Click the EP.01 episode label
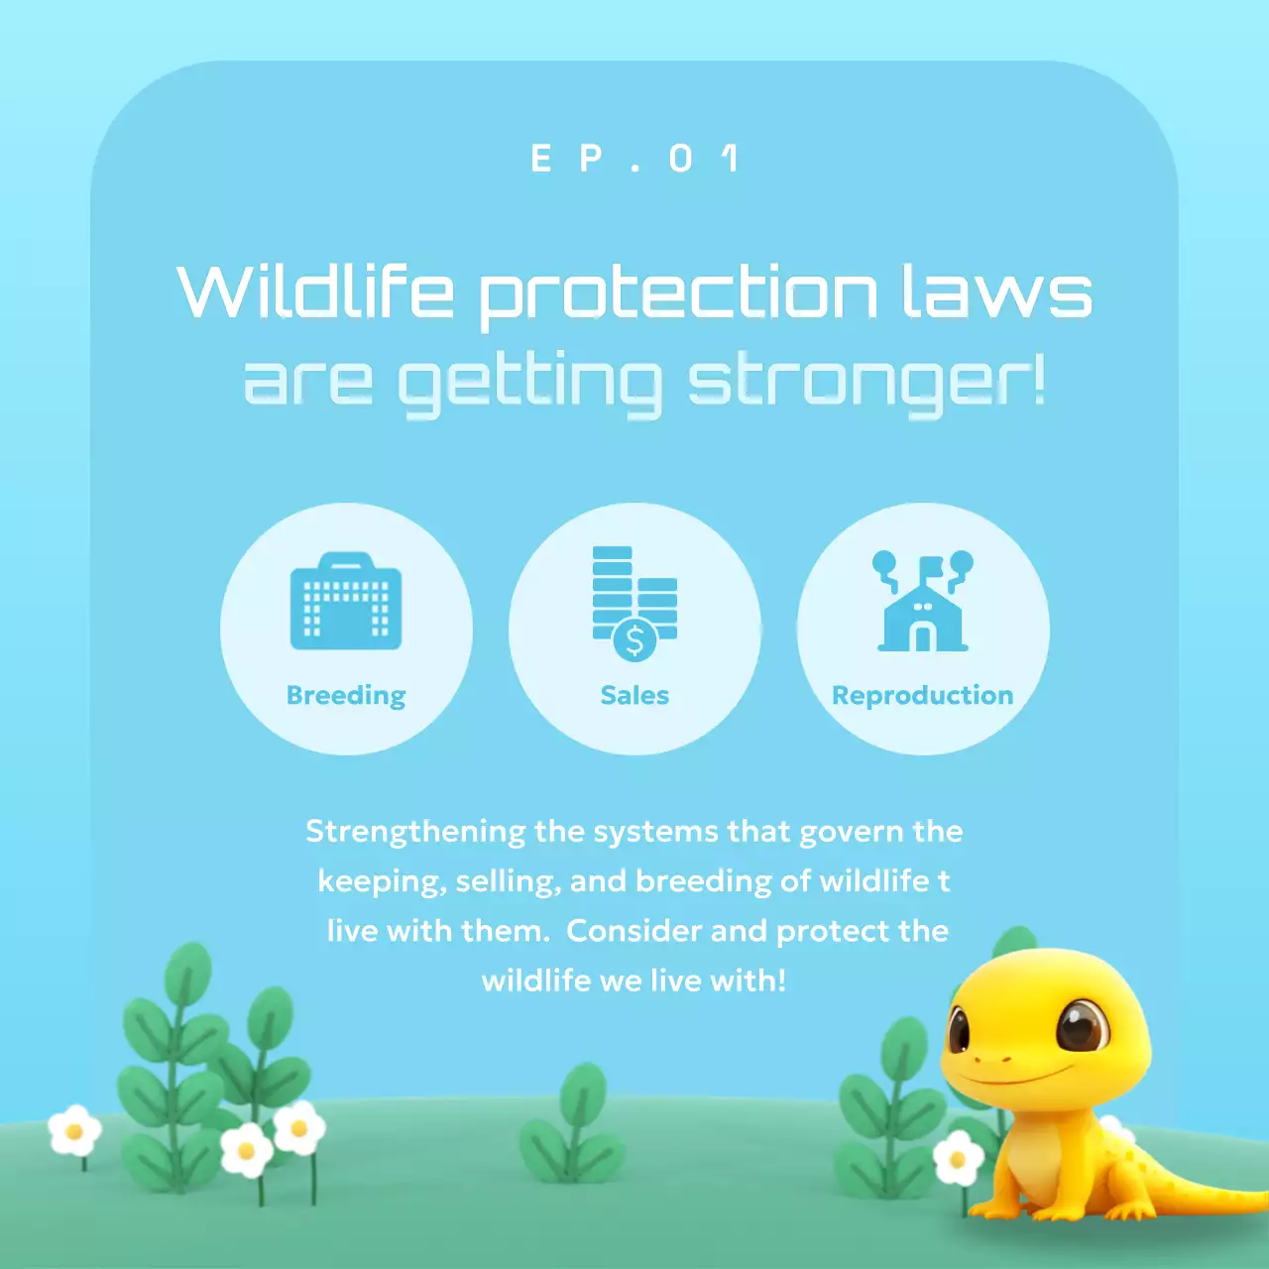pos(635,159)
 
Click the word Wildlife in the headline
pos(315,292)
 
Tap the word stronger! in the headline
pos(865,383)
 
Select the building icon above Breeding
pos(346,602)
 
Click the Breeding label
pos(346,695)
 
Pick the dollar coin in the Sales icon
pos(634,640)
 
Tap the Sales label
pos(634,695)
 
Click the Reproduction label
pos(923,695)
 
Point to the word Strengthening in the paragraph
pos(414,831)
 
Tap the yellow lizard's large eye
pos(1082,1026)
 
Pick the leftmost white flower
pos(74,1130)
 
